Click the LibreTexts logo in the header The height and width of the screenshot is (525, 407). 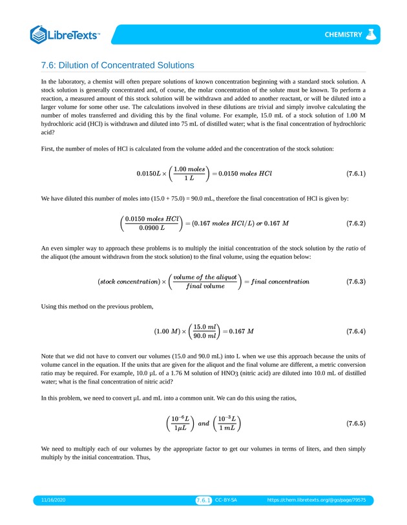tap(65, 34)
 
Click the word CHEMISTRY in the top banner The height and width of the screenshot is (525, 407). tap(343, 34)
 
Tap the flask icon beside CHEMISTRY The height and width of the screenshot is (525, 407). tap(371, 34)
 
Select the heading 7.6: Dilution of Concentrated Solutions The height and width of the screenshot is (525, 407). tap(117, 65)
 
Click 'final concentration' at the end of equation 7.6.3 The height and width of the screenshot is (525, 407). tap(279, 282)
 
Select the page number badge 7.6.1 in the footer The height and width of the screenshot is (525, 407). tap(203, 500)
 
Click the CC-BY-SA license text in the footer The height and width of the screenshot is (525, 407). tap(226, 500)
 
